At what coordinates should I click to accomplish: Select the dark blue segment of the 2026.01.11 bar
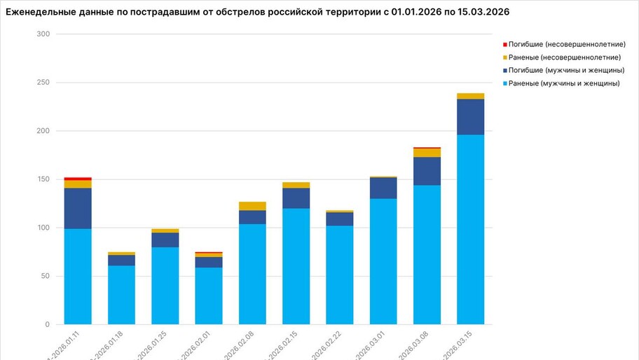click(x=78, y=208)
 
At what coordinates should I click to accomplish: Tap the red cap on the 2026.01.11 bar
click(x=78, y=179)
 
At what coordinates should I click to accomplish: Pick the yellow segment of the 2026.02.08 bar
click(x=252, y=206)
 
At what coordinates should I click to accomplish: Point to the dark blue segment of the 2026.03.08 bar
click(x=427, y=171)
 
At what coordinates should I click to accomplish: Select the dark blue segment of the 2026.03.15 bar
click(x=470, y=116)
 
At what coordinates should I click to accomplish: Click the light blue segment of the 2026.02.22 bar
click(x=340, y=275)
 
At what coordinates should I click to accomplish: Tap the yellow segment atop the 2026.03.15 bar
click(x=470, y=96)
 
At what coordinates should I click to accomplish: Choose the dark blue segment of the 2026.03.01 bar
click(x=383, y=188)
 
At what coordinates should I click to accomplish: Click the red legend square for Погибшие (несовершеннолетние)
click(x=504, y=44)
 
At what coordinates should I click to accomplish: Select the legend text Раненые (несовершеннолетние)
click(x=565, y=57)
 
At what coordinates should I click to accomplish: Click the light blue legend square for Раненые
click(x=504, y=83)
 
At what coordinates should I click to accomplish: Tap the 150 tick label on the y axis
click(x=44, y=179)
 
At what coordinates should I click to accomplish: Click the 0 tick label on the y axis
click(x=48, y=324)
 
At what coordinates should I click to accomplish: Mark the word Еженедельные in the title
click(x=39, y=12)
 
